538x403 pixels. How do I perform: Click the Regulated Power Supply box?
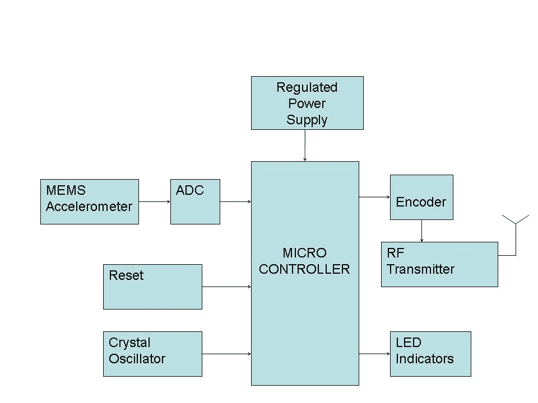coord(307,103)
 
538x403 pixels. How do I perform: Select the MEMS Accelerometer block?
coord(90,201)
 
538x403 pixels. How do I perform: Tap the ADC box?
coord(195,201)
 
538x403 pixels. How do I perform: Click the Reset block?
coord(152,287)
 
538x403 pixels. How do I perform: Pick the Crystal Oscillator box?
coord(152,354)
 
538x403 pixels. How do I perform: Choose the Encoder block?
coord(421,197)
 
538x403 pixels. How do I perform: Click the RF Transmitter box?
coord(439,264)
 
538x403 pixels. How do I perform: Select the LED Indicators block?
coord(430,354)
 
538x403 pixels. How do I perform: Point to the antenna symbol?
coord(515,221)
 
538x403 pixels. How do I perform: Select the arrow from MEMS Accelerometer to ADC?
coord(155,201)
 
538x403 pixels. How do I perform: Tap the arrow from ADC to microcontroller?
coord(235,201)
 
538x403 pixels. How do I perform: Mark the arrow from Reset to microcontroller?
coord(226,287)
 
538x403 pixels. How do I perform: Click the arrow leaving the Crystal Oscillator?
coord(226,354)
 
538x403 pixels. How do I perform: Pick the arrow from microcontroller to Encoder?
coord(374,197)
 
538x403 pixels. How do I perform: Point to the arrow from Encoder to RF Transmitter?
coord(421,231)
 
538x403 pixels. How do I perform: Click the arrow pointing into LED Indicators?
coord(374,354)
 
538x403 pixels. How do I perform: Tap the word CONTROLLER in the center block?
coord(304,269)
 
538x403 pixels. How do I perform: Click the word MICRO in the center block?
coord(304,253)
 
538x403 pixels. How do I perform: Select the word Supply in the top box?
coord(307,120)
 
